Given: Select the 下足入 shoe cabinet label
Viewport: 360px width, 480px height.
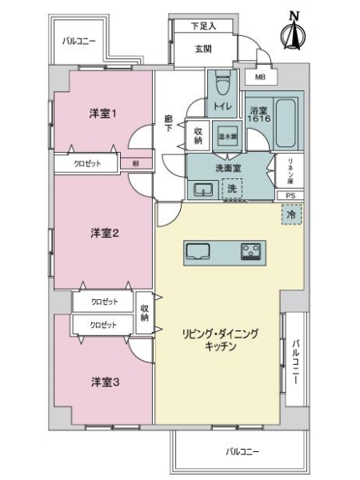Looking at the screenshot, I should coord(203,26).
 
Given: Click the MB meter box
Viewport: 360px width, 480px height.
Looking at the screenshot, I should coord(260,77).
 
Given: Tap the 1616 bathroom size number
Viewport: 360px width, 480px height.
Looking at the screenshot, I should coord(258,119).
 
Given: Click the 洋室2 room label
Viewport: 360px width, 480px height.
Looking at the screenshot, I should coord(104,233).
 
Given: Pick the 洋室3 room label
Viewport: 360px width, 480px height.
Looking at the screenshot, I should coord(104,382).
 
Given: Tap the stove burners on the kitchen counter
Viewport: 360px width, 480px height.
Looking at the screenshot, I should coord(253,252).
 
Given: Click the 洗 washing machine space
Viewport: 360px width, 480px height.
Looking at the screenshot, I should coord(230,189).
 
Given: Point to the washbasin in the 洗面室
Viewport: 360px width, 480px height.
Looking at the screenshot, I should coord(202,190).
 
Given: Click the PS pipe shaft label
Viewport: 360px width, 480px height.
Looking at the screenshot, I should coord(289,194).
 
